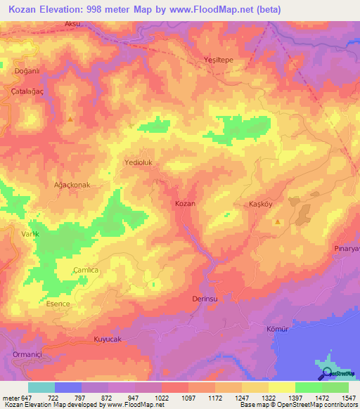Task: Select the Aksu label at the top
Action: click(72, 23)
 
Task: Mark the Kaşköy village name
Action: click(261, 204)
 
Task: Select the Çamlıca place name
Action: click(86, 271)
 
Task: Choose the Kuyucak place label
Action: click(108, 339)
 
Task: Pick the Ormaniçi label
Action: click(27, 355)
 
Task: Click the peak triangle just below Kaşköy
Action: click(278, 222)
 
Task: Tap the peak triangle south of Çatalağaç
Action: click(70, 120)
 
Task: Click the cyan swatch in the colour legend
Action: click(41, 387)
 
